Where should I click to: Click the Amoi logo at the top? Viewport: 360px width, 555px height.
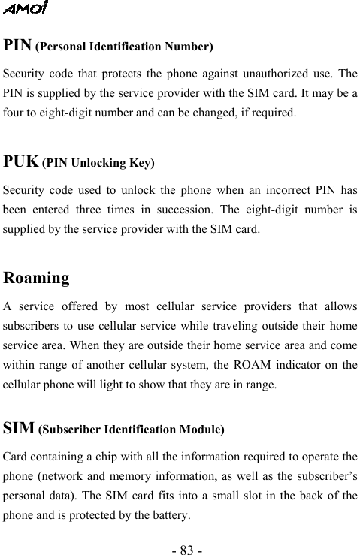point(25,8)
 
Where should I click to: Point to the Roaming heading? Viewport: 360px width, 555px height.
point(37,278)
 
